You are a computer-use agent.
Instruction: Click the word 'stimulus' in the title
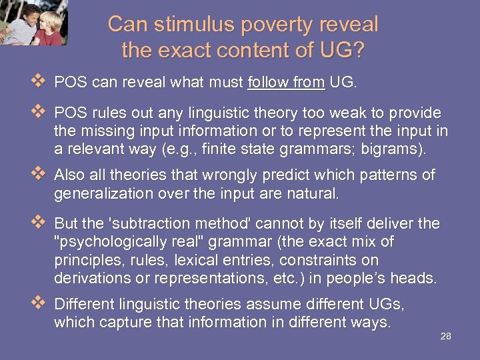[183, 25]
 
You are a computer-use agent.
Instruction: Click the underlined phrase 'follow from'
[286, 83]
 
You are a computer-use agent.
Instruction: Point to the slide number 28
[446, 336]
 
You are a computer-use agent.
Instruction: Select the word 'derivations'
[89, 277]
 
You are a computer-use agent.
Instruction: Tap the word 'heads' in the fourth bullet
[417, 277]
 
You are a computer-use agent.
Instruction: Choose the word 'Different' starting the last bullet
[80, 305]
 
